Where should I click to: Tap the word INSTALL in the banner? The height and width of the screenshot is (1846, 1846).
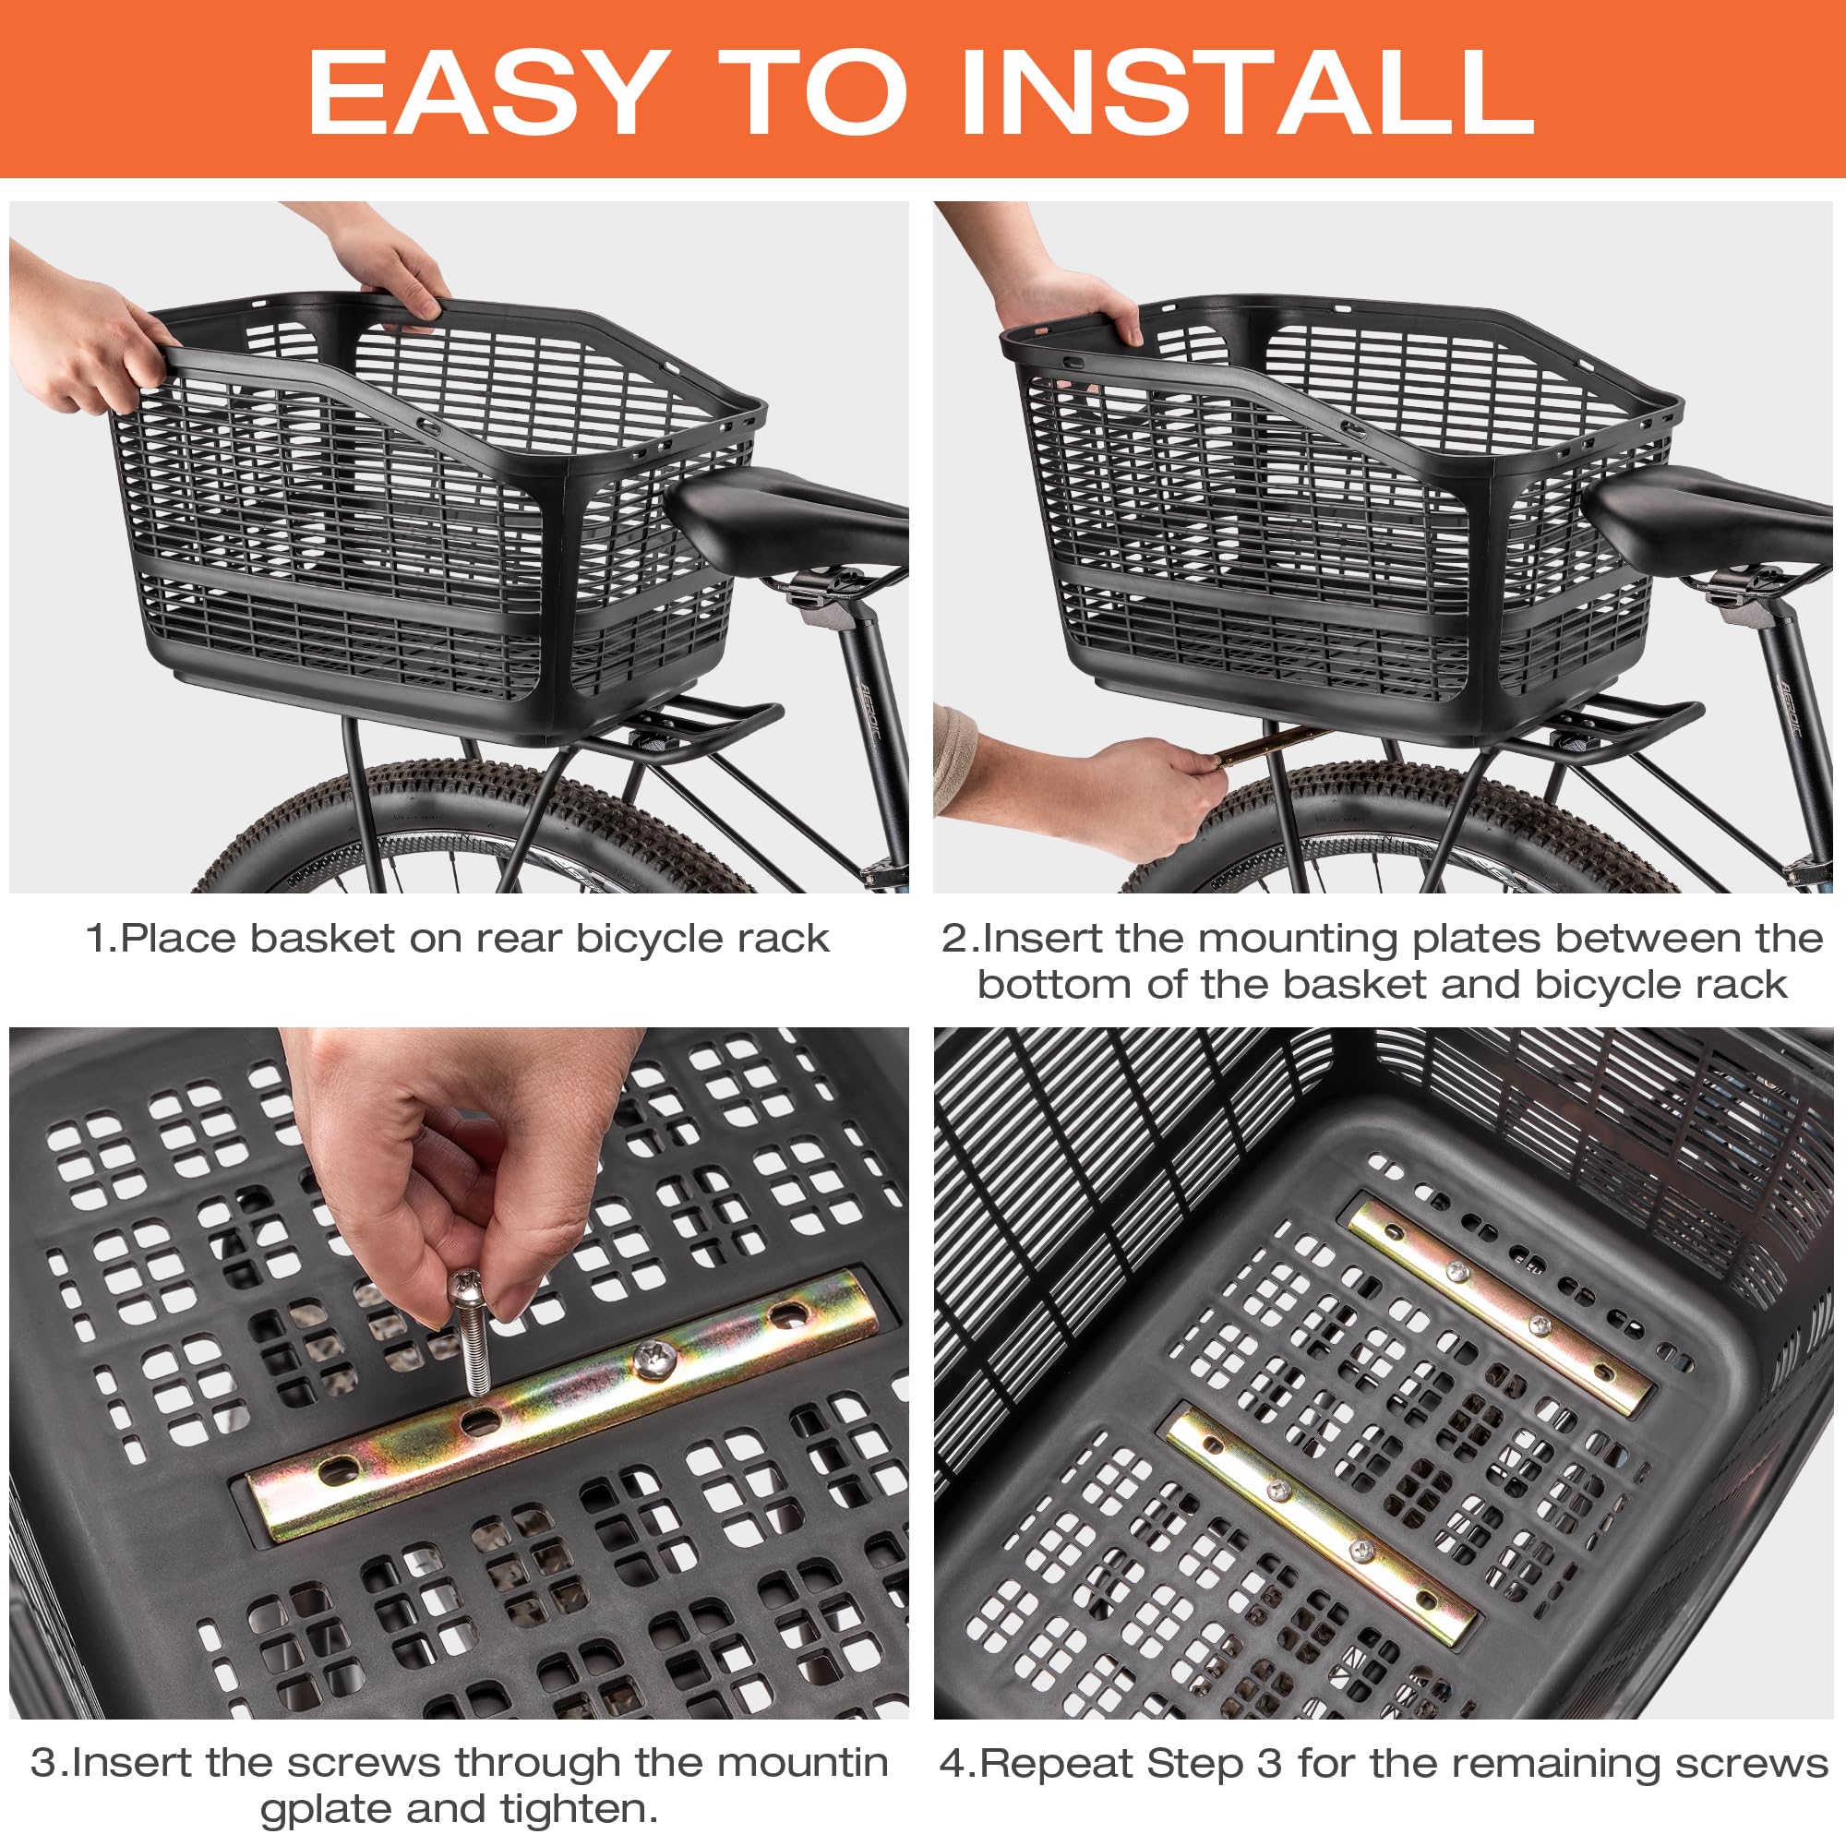tap(1248, 92)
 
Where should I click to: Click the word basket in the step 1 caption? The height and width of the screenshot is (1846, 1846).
tap(321, 939)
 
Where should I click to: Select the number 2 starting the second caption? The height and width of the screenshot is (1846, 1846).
tap(953, 940)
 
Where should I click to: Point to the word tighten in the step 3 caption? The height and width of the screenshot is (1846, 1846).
tap(573, 1810)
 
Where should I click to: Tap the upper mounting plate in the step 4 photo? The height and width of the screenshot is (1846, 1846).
tap(1499, 1307)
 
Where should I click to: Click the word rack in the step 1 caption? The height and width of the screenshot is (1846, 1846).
tap(788, 939)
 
